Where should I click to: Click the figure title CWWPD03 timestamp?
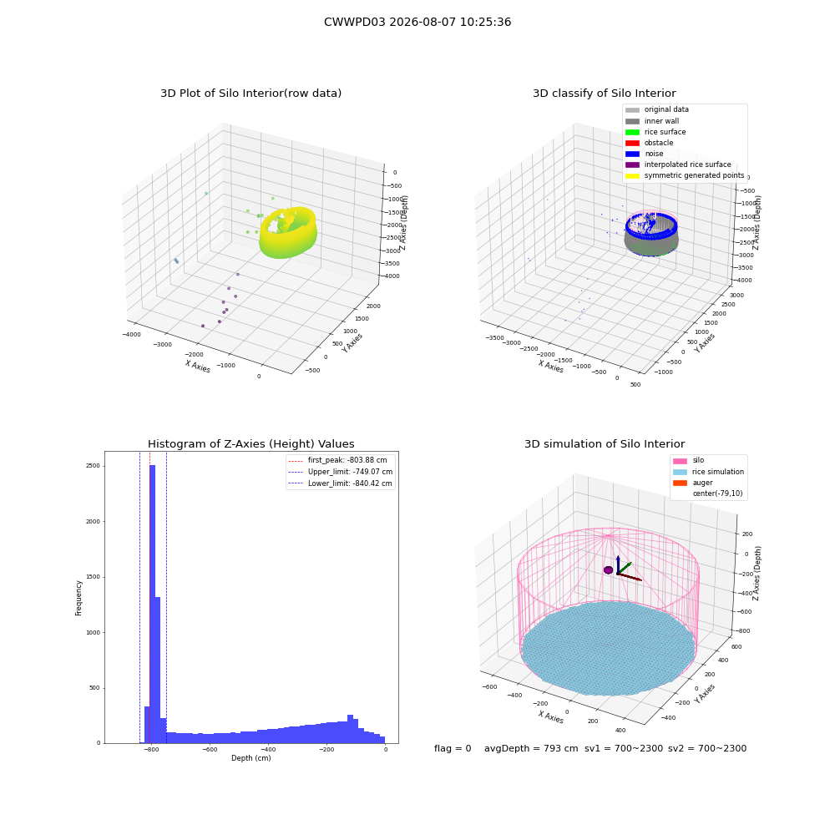click(417, 22)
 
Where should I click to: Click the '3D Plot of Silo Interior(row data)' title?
click(250, 94)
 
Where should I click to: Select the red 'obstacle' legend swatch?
click(632, 143)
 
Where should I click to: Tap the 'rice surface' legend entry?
click(655, 132)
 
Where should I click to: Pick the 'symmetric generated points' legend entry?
click(685, 175)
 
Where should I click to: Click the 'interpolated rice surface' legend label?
click(687, 164)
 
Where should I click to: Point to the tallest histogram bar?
click(152, 604)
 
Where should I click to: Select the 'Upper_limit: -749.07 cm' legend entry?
click(341, 472)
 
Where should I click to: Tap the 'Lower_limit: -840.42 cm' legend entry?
click(341, 483)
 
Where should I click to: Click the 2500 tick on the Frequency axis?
click(93, 466)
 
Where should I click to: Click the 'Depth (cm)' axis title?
click(250, 758)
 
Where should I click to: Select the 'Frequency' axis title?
click(78, 598)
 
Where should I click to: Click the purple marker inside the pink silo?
click(608, 570)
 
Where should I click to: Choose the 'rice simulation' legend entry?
click(708, 472)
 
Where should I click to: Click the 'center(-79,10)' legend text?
click(717, 493)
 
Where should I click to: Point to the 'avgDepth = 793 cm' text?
click(531, 749)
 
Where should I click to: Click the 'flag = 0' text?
click(453, 749)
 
